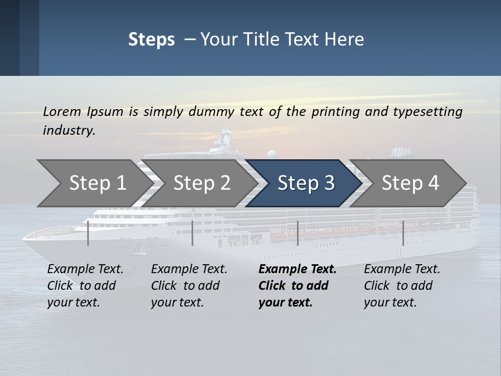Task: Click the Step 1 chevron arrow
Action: pyautogui.click(x=94, y=183)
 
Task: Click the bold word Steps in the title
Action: pyautogui.click(x=151, y=40)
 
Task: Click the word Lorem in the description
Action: pyautogui.click(x=62, y=112)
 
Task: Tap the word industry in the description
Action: pyautogui.click(x=68, y=131)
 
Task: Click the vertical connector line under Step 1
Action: pyautogui.click(x=88, y=233)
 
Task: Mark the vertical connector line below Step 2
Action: pyautogui.click(x=193, y=233)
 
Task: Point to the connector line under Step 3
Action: pyautogui.click(x=297, y=233)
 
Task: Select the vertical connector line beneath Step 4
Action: pyautogui.click(x=403, y=233)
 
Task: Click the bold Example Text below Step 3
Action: pyautogui.click(x=297, y=269)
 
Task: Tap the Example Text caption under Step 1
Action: pyautogui.click(x=85, y=269)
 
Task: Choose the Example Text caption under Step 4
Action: pyautogui.click(x=402, y=269)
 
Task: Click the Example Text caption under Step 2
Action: pyautogui.click(x=189, y=269)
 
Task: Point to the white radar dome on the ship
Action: pyautogui.click(x=271, y=154)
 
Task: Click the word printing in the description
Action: pyautogui.click(x=332, y=112)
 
